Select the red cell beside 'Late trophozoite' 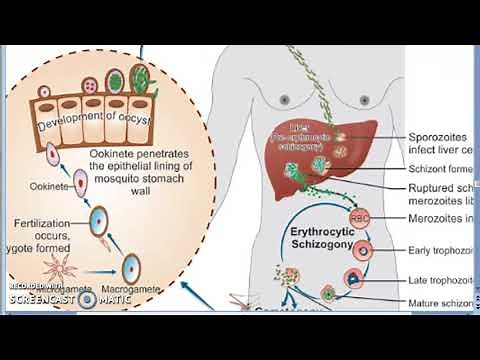354,278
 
